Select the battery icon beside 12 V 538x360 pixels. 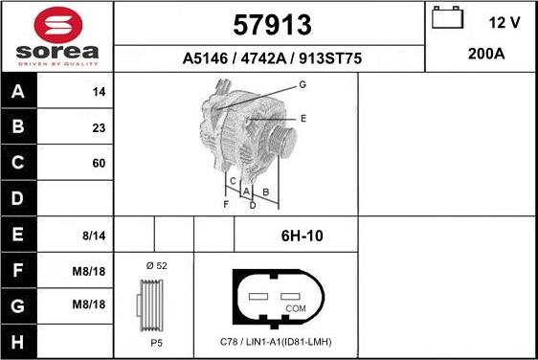pos(446,19)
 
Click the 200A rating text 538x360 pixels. pos(485,55)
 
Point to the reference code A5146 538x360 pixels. pos(203,58)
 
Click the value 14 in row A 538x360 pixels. pos(98,93)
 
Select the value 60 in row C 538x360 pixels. pos(98,164)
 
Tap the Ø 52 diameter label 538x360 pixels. pos(156,264)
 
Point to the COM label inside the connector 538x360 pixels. pos(295,309)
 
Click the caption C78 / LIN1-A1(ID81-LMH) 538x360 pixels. pos(276,342)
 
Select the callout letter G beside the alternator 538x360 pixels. pos(302,85)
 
